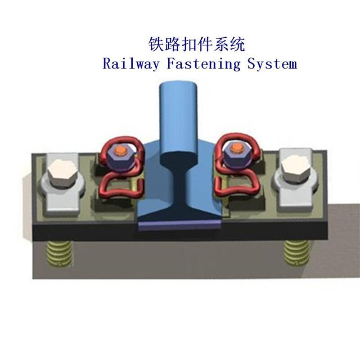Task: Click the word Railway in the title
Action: (131, 63)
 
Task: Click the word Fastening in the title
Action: (203, 63)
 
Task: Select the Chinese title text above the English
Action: (197, 45)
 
